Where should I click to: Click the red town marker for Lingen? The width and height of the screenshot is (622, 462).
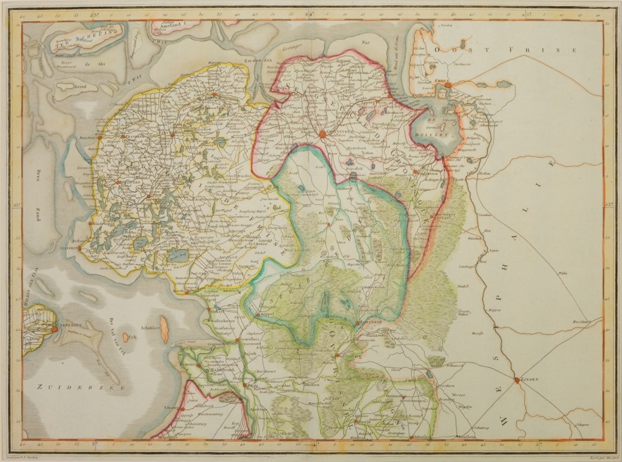tap(517, 379)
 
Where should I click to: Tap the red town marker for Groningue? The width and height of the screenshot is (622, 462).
tap(322, 133)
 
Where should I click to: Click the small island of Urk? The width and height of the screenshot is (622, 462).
tap(126, 337)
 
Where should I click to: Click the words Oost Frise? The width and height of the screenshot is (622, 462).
tap(506, 49)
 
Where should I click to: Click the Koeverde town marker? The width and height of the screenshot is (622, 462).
tap(360, 323)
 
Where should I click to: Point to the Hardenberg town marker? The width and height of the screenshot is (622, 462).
tap(336, 356)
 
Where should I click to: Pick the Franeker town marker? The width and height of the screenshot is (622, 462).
tap(123, 136)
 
